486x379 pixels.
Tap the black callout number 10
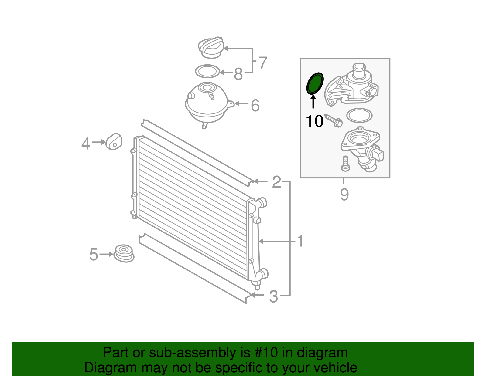314,121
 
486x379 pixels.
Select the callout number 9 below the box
344,194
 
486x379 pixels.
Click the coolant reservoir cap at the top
211,47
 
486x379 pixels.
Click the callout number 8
238,74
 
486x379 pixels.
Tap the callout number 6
255,105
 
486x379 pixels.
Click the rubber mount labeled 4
114,142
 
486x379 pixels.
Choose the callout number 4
86,144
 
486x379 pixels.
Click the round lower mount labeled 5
124,253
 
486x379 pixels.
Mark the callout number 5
94,254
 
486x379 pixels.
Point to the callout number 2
276,182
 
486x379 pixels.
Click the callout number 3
273,296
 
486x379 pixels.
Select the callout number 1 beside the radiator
300,241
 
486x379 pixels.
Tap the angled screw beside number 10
334,120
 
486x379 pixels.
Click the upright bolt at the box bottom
346,164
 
